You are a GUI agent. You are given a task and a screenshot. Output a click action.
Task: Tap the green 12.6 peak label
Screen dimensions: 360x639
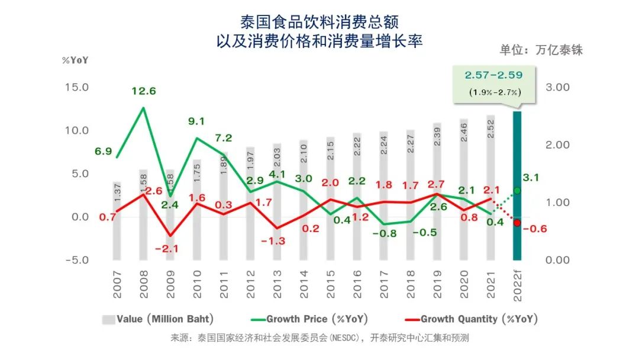coord(144,91)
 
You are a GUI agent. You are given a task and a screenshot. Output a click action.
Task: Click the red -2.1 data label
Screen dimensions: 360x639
coord(167,249)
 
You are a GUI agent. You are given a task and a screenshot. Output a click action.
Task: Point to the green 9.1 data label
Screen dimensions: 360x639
coord(196,121)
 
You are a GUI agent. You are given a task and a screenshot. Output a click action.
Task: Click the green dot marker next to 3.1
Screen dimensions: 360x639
coord(517,191)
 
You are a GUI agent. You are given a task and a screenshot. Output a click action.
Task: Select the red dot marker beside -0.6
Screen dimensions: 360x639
coord(517,223)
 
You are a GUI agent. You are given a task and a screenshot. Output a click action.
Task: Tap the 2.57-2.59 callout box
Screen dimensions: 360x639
coord(493,82)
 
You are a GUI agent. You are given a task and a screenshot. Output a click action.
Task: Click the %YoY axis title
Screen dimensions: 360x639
coord(75,60)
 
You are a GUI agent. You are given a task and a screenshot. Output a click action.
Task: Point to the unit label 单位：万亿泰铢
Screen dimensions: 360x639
coord(541,50)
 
